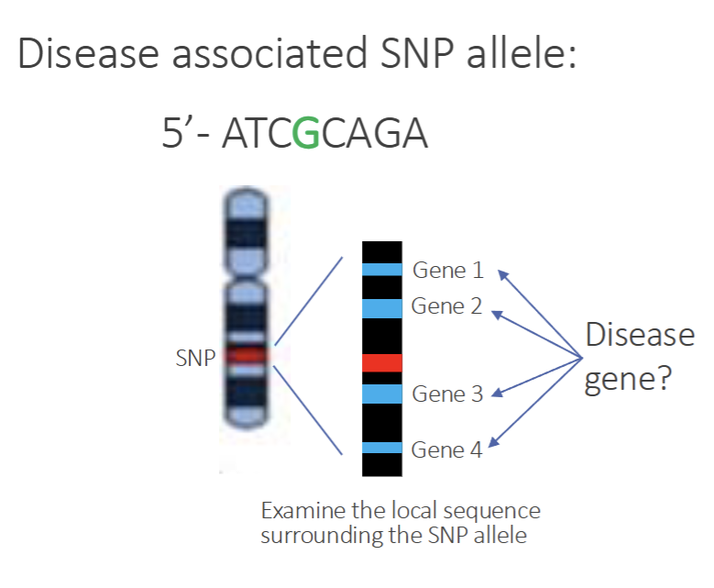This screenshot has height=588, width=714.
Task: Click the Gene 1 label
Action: click(x=447, y=270)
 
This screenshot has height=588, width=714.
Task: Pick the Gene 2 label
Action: click(x=447, y=306)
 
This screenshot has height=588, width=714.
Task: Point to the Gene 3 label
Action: click(x=447, y=394)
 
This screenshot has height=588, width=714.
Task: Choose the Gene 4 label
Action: click(x=447, y=449)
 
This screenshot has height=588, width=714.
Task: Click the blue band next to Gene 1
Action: click(x=381, y=270)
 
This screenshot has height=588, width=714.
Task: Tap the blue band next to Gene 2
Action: click(x=381, y=307)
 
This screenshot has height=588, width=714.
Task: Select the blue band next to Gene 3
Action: click(x=381, y=394)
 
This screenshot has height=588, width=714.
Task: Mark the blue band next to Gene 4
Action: click(x=381, y=448)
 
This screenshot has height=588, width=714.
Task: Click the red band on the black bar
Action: click(x=381, y=363)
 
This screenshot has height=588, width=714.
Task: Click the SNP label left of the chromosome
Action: click(x=193, y=359)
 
